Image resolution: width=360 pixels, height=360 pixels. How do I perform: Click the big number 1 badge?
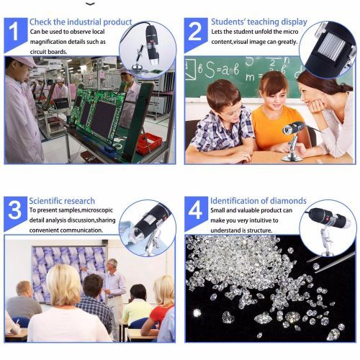(x=15, y=34)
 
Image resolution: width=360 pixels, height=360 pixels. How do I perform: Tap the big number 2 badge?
(x=195, y=34)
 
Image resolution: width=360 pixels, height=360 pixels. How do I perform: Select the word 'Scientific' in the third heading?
(x=44, y=201)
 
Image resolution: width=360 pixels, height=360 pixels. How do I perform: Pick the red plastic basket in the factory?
(x=149, y=143)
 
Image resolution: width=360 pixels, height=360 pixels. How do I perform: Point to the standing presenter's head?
(x=112, y=264)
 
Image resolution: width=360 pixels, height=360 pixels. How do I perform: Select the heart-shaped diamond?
(x=228, y=317)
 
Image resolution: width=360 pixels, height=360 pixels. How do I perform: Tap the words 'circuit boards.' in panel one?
(x=48, y=52)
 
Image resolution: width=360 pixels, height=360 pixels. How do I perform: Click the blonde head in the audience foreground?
(x=63, y=286)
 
